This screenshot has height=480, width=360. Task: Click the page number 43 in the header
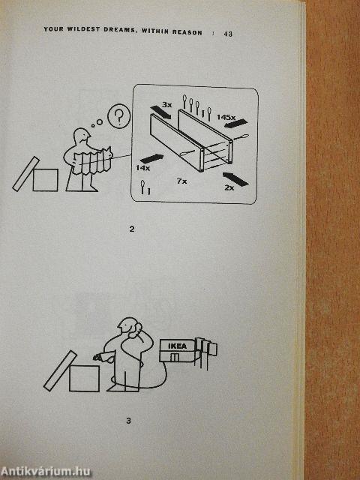[x=228, y=34]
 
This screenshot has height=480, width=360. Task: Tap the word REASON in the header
[x=187, y=32]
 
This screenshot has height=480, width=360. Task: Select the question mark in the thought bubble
[x=118, y=115]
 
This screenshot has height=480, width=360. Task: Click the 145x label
[x=226, y=117]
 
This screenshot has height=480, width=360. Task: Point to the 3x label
[x=167, y=105]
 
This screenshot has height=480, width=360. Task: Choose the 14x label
[x=143, y=168]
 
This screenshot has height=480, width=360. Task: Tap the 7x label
[x=181, y=181]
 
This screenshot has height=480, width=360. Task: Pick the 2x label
[x=229, y=187]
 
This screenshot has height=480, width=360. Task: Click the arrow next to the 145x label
[x=235, y=124]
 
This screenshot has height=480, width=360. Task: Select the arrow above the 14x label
[x=151, y=158]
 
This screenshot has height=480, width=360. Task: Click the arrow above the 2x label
[x=235, y=179]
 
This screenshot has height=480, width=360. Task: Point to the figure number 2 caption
[x=132, y=229]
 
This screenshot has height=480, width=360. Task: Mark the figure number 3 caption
[x=128, y=421]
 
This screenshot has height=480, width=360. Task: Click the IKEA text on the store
[x=177, y=346]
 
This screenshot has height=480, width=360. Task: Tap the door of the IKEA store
[x=175, y=357]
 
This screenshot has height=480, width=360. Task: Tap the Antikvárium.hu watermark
[x=46, y=472]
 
